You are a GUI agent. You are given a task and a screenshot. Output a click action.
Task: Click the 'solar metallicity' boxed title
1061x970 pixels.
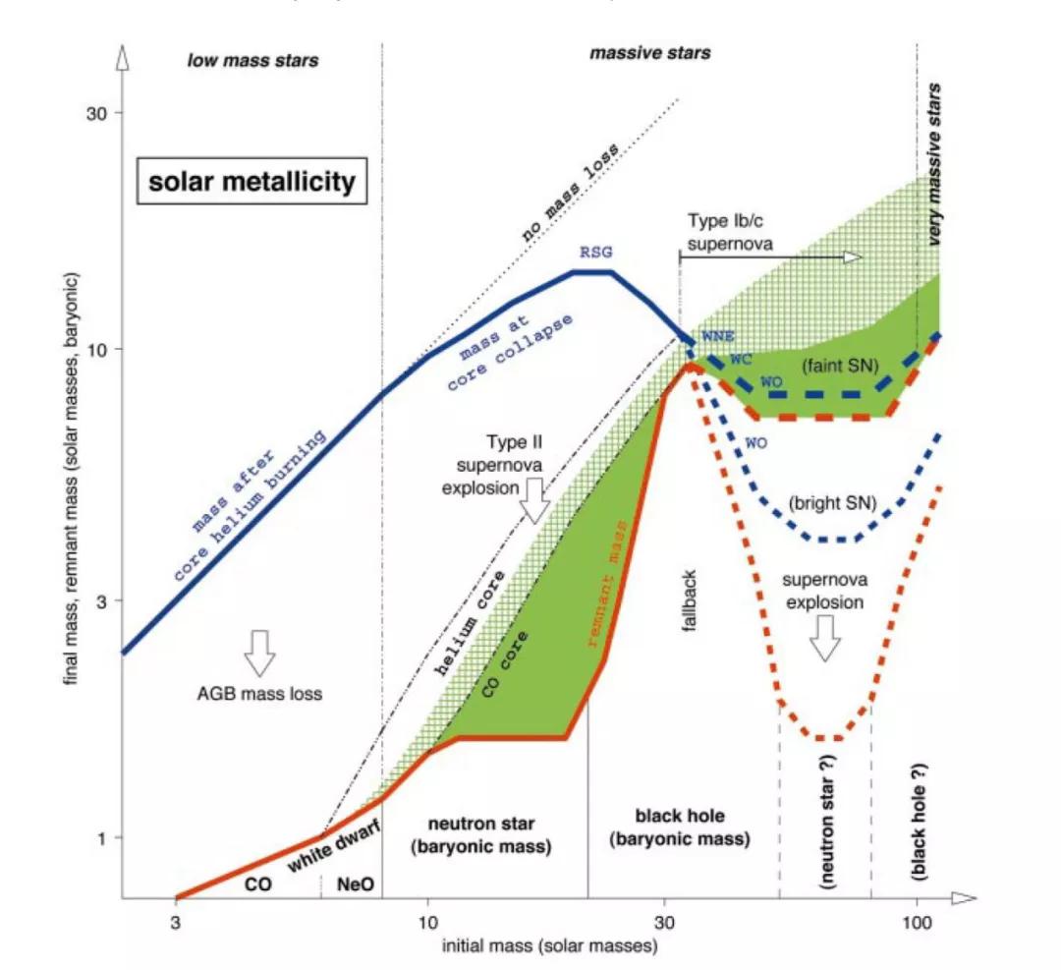251,182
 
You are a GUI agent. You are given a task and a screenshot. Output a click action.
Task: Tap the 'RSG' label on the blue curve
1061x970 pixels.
594,253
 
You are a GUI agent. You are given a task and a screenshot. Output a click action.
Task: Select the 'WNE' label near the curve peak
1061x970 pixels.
715,337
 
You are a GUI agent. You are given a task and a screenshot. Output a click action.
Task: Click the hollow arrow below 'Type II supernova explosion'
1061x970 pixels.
534,501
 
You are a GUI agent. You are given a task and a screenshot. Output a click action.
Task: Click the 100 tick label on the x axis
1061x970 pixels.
917,924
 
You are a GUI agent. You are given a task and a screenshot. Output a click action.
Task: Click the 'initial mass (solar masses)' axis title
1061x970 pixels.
549,947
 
